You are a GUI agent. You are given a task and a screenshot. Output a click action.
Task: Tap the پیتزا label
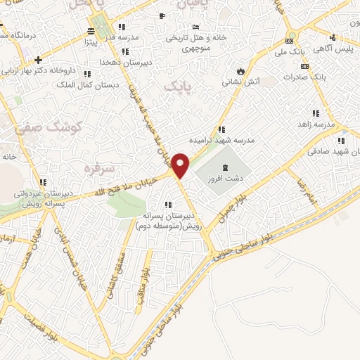point(91,42)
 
